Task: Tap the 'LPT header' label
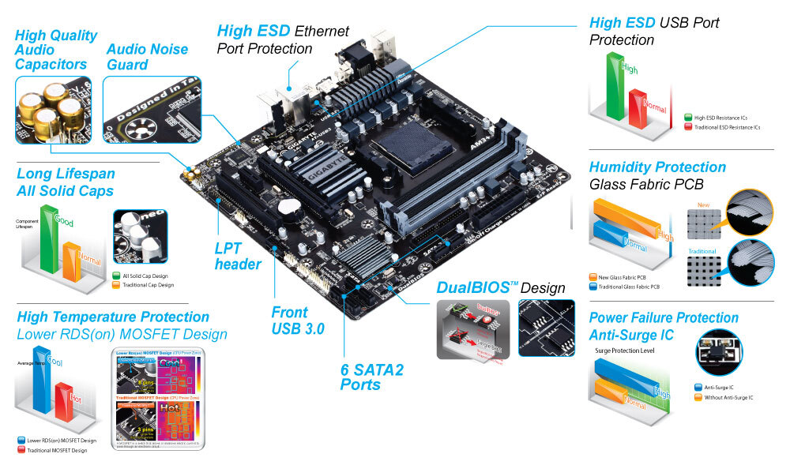[238, 256]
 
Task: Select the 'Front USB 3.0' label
[297, 320]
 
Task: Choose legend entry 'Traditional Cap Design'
[147, 284]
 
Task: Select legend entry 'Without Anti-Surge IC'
[726, 397]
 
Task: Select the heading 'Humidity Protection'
[656, 167]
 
